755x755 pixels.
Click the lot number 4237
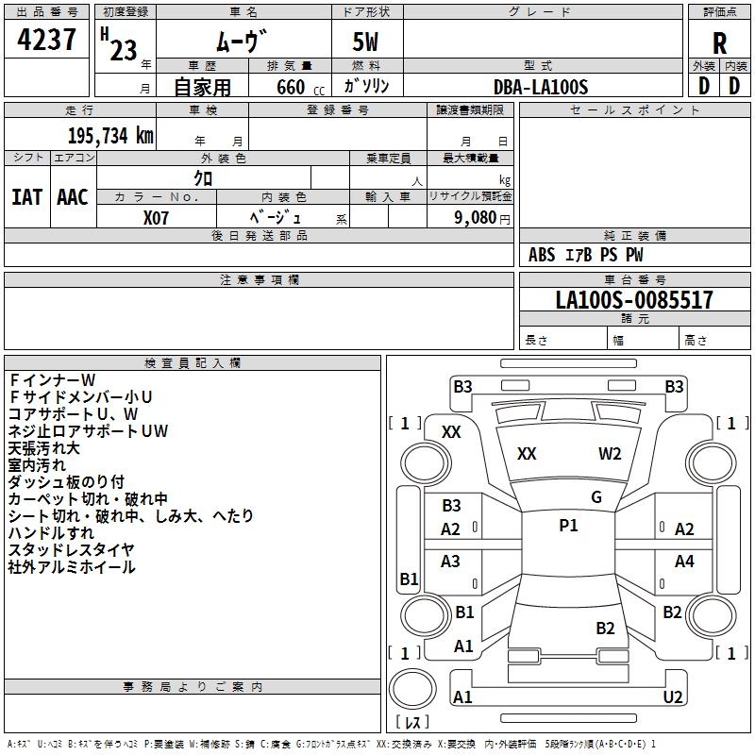point(47,41)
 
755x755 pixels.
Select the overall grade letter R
point(719,44)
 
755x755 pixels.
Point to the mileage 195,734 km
point(110,135)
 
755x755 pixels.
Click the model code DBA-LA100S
point(541,87)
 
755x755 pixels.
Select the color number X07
point(158,216)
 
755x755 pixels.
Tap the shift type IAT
point(26,197)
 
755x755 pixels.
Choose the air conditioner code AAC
point(72,197)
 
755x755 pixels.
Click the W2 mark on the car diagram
point(610,454)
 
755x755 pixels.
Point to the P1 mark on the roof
point(568,526)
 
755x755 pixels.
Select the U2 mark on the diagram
point(672,696)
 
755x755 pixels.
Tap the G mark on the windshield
point(596,497)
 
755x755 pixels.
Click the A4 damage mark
point(684,562)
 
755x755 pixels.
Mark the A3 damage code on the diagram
point(451,562)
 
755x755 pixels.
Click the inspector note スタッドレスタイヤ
point(71,549)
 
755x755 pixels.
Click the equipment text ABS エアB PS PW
point(586,255)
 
